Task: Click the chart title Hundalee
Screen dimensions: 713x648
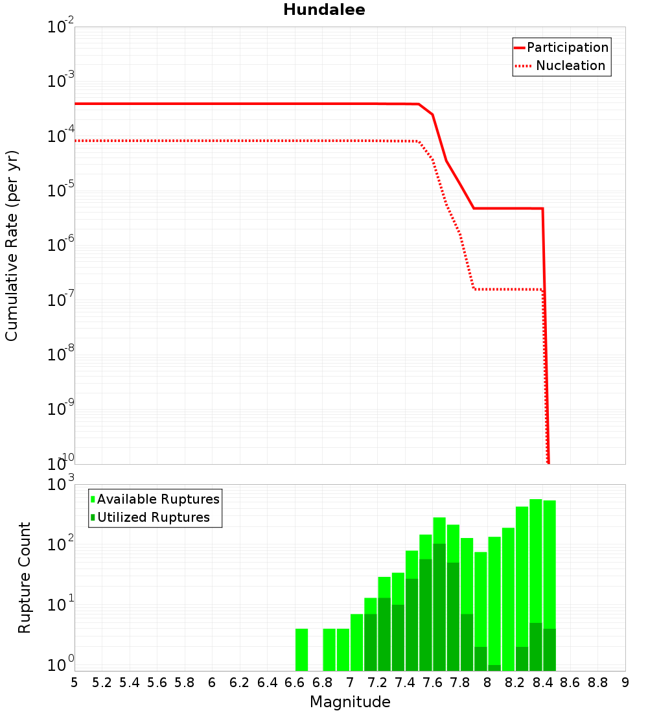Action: click(x=324, y=10)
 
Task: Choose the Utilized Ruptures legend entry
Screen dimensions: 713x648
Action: click(x=153, y=517)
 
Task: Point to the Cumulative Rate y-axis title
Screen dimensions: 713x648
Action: click(x=12, y=245)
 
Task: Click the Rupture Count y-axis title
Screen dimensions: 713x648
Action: click(x=25, y=577)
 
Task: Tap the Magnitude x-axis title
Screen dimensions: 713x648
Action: click(x=350, y=702)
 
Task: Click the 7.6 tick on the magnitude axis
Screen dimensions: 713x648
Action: click(x=433, y=683)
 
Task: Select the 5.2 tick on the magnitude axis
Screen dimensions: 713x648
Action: click(x=102, y=683)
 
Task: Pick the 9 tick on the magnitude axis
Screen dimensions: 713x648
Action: click(x=625, y=683)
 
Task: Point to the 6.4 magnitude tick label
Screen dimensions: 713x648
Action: click(x=268, y=683)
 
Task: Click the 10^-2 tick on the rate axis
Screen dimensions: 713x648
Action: click(x=61, y=27)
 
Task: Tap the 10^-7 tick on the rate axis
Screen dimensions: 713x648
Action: click(x=61, y=300)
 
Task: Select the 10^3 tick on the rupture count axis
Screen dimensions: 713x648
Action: click(x=61, y=484)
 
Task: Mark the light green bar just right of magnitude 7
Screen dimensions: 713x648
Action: click(x=356, y=642)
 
